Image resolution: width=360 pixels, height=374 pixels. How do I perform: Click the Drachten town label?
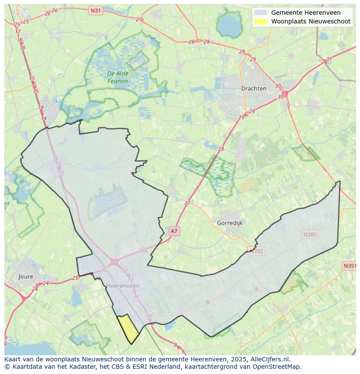[x=253, y=88]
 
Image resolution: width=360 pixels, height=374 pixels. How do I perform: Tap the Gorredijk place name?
[x=230, y=223]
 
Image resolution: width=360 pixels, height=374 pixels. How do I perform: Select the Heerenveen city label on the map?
[x=123, y=286]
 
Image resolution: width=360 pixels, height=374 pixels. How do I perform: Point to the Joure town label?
[x=26, y=276]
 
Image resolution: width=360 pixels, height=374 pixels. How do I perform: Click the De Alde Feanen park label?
[x=117, y=77]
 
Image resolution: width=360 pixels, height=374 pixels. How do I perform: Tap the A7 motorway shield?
[x=174, y=231]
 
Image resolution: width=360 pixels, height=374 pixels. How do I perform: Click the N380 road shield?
[x=310, y=235]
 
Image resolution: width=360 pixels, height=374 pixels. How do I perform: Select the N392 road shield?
[x=256, y=250]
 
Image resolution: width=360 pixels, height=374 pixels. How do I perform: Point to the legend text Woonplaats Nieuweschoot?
[x=310, y=21]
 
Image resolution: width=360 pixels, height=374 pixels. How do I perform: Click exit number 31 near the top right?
[x=329, y=60]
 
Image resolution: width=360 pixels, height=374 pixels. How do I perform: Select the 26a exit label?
[x=143, y=251]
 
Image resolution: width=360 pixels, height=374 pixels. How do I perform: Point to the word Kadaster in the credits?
[x=82, y=367]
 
